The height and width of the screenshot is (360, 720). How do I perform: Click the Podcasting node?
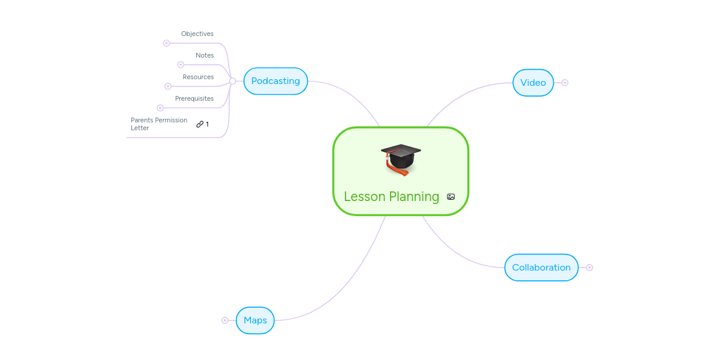click(275, 81)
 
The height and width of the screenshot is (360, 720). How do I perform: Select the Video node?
click(533, 83)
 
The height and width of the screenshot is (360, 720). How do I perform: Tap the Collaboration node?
click(541, 268)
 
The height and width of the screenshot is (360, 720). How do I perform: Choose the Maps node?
click(255, 320)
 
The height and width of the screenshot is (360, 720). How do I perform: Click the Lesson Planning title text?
click(391, 197)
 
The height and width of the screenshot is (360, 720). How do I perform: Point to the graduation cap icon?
click(401, 159)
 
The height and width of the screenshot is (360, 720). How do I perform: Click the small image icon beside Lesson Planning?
click(451, 197)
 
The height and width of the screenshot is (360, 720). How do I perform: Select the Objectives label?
click(197, 34)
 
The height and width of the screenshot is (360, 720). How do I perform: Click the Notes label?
click(205, 56)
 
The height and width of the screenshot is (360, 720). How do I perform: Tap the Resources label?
click(198, 77)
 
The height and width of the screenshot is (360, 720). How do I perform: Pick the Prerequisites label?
click(194, 99)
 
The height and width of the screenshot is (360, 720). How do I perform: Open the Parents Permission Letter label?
click(159, 124)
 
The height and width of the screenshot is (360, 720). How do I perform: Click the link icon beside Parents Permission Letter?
click(200, 124)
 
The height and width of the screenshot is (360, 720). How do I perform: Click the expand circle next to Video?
click(565, 83)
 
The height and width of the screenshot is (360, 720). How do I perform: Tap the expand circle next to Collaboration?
click(589, 268)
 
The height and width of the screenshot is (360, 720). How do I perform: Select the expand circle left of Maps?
click(225, 320)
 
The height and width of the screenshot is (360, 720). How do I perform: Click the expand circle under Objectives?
click(166, 43)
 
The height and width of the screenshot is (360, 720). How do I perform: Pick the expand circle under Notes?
click(181, 65)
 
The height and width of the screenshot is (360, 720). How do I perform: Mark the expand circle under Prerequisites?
click(160, 108)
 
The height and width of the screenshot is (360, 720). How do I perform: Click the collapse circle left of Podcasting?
click(233, 81)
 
